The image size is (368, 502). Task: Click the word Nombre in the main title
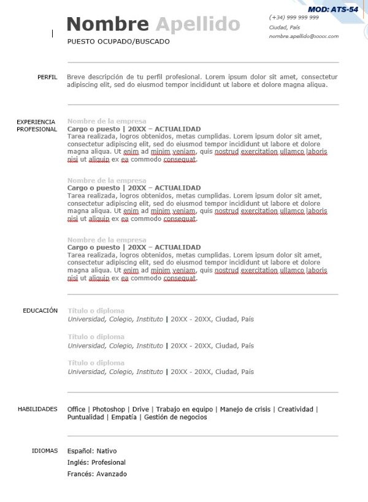107,24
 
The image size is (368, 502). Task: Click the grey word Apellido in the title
197,24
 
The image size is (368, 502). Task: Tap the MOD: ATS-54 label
333,9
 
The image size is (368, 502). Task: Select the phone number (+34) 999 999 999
294,18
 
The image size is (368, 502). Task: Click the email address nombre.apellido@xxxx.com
304,37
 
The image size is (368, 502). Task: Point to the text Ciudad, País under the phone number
285,28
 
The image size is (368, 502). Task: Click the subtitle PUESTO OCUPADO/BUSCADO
118,42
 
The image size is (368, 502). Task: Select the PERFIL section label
47,77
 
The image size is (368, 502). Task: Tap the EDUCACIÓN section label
40,311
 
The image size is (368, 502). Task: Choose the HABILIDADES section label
37,409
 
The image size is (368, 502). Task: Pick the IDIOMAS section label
45,451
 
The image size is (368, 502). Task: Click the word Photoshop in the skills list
109,410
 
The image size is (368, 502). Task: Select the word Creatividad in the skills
296,410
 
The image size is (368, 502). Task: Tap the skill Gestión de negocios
176,418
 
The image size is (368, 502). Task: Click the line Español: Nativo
92,451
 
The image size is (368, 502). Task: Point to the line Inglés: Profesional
96,463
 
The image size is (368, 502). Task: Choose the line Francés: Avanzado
97,474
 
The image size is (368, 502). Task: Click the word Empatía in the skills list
125,418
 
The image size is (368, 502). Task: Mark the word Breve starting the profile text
77,77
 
